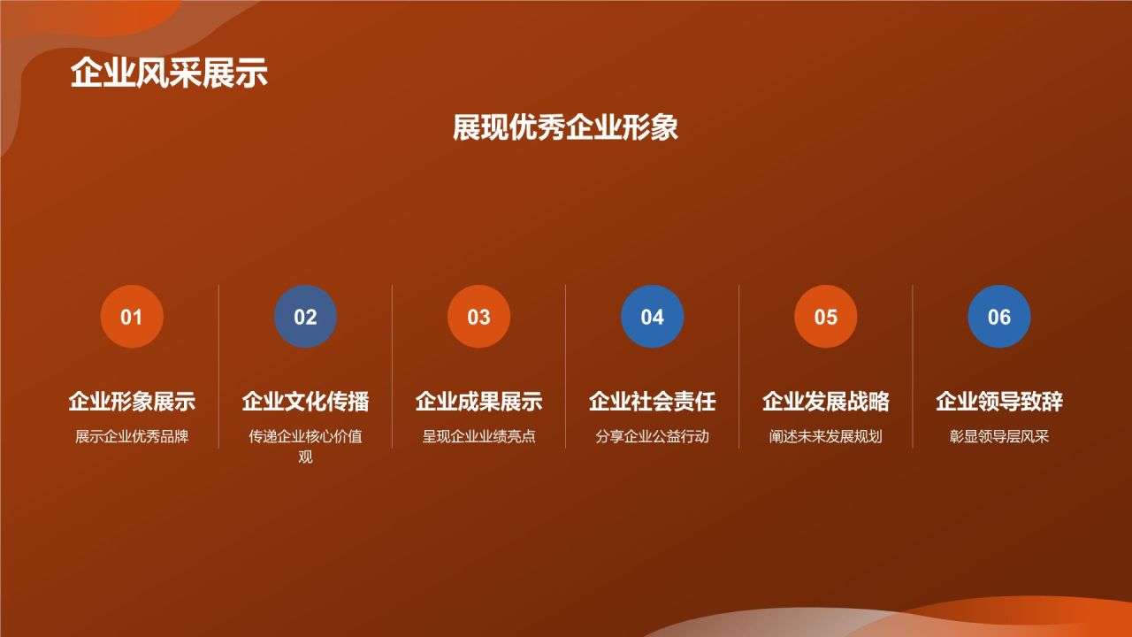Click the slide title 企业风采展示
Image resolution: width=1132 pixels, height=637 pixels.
[x=169, y=73]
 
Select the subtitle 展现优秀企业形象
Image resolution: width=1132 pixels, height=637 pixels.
[x=565, y=127]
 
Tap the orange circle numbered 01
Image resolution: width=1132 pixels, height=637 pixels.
[x=132, y=317]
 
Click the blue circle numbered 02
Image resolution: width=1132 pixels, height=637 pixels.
[x=305, y=317]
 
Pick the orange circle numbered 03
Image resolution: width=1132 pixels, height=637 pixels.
[x=478, y=317]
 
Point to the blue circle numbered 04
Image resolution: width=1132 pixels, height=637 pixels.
[x=652, y=317]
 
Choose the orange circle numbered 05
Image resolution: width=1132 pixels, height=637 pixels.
[x=825, y=317]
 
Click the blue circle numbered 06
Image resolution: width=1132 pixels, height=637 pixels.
[x=998, y=317]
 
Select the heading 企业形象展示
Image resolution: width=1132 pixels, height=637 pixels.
[x=132, y=402]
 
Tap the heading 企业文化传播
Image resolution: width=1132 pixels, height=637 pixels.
[x=305, y=402]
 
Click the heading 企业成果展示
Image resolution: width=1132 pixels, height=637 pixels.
[x=478, y=402]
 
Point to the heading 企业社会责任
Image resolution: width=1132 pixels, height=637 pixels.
[x=652, y=402]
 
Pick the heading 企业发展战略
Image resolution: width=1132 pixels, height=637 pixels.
[x=825, y=402]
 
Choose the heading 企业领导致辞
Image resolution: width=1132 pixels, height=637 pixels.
[x=998, y=402]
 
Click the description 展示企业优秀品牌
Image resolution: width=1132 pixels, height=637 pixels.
[x=132, y=436]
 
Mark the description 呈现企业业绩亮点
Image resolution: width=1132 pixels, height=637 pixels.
[x=478, y=436]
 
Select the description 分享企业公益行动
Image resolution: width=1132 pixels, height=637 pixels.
[x=652, y=436]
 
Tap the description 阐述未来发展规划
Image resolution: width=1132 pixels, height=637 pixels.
[x=825, y=436]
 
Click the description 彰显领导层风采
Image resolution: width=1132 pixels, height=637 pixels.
[x=998, y=436]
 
